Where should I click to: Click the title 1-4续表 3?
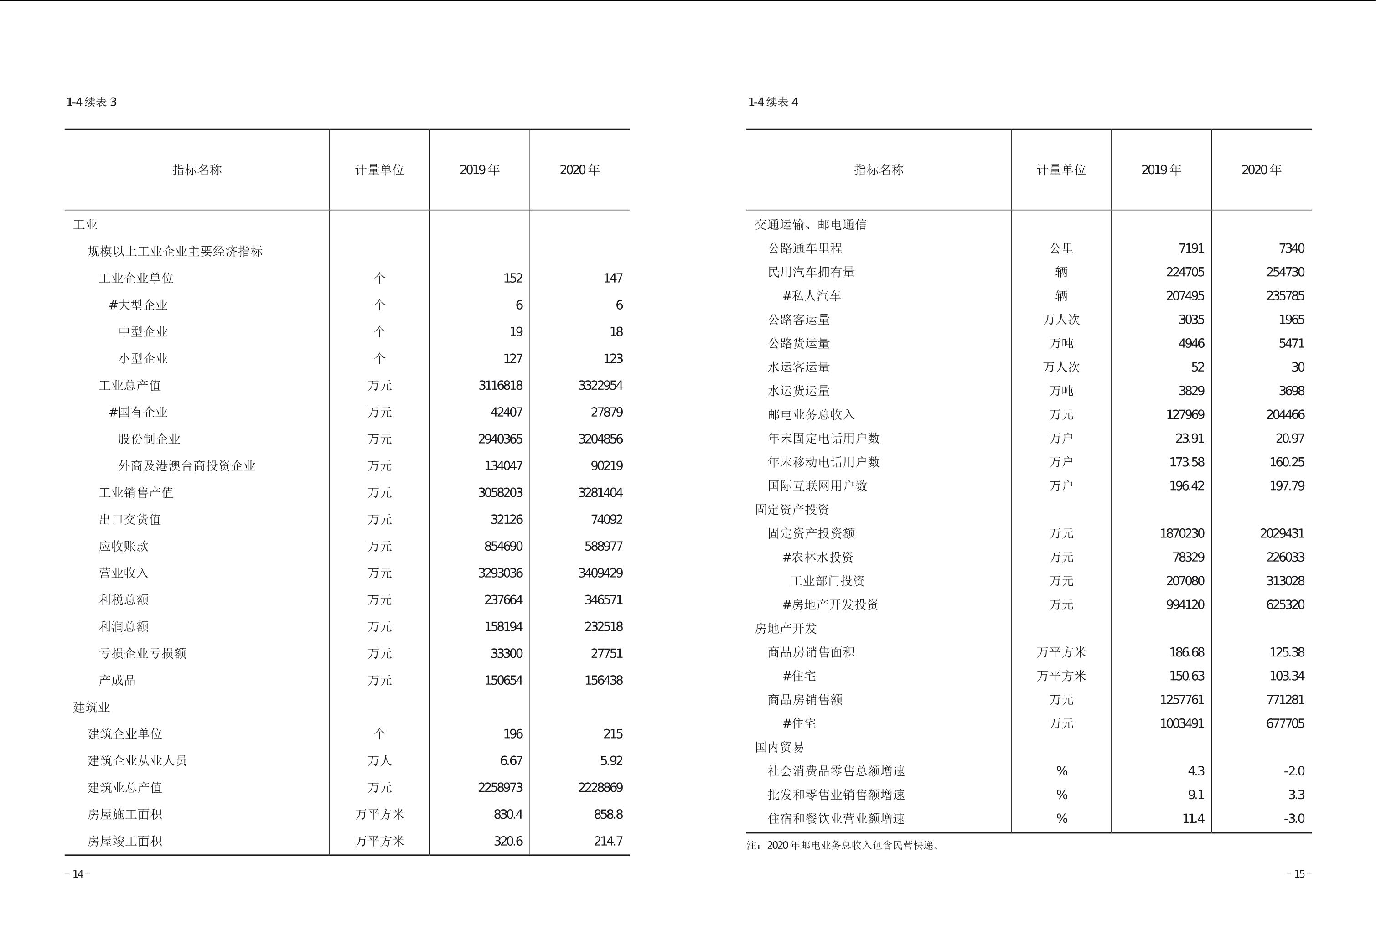92,102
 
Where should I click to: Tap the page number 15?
1299,874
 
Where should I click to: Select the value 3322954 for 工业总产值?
600,385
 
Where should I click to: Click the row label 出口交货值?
129,519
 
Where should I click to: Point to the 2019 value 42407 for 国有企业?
506,412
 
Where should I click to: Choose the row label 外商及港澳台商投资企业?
186,466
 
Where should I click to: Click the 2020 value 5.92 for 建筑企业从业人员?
611,761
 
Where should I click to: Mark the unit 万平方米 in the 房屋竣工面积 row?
379,841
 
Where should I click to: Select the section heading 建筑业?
91,707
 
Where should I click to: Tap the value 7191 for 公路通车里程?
1191,248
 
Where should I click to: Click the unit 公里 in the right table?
1061,248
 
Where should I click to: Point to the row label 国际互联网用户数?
817,486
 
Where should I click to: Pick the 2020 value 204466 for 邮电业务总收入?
1285,414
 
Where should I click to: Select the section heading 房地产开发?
785,628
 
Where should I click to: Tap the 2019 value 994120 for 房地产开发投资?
1185,604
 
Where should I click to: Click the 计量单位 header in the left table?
379,170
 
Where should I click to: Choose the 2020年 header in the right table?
1261,170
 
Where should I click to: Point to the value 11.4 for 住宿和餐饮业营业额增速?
1193,819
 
